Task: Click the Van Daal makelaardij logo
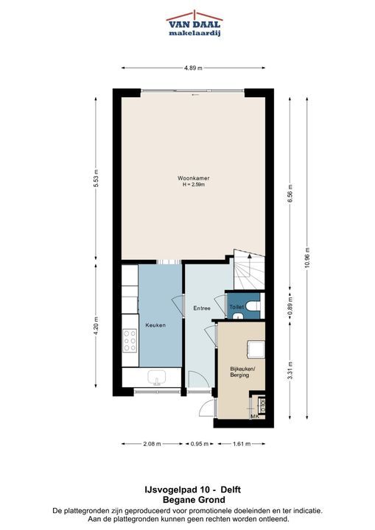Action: coord(194,24)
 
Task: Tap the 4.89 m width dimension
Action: coord(193,68)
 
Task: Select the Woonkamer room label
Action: coord(194,178)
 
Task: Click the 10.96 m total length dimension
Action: coord(307,258)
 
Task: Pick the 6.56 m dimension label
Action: coord(290,194)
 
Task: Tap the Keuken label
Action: coord(155,325)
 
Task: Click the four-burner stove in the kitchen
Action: coord(130,341)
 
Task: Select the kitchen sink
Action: coord(156,378)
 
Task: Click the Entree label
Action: coord(202,308)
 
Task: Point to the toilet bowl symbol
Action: coord(253,305)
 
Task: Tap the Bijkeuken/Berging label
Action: coord(242,372)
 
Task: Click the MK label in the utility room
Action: coord(254,417)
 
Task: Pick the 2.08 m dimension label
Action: coord(152,444)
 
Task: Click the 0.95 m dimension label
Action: coord(200,444)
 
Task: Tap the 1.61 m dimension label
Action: coord(242,444)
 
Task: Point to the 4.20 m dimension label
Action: coord(96,326)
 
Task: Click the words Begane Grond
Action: coord(194,500)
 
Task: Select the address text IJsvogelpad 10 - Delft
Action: coord(192,490)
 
